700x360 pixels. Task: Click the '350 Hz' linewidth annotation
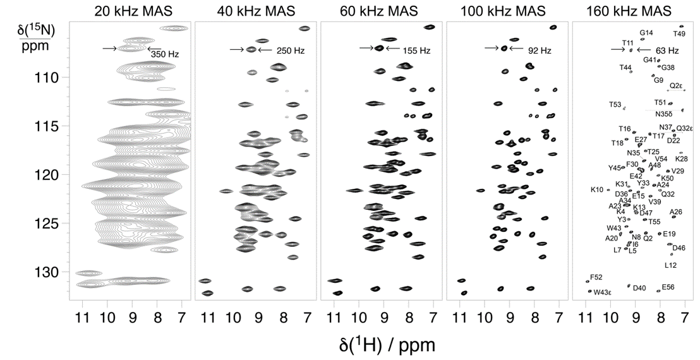(165, 54)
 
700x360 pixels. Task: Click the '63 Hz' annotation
(667, 50)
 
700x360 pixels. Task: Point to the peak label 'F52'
(596, 277)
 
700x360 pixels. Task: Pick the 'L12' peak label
(671, 265)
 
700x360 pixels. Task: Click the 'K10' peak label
(597, 189)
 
